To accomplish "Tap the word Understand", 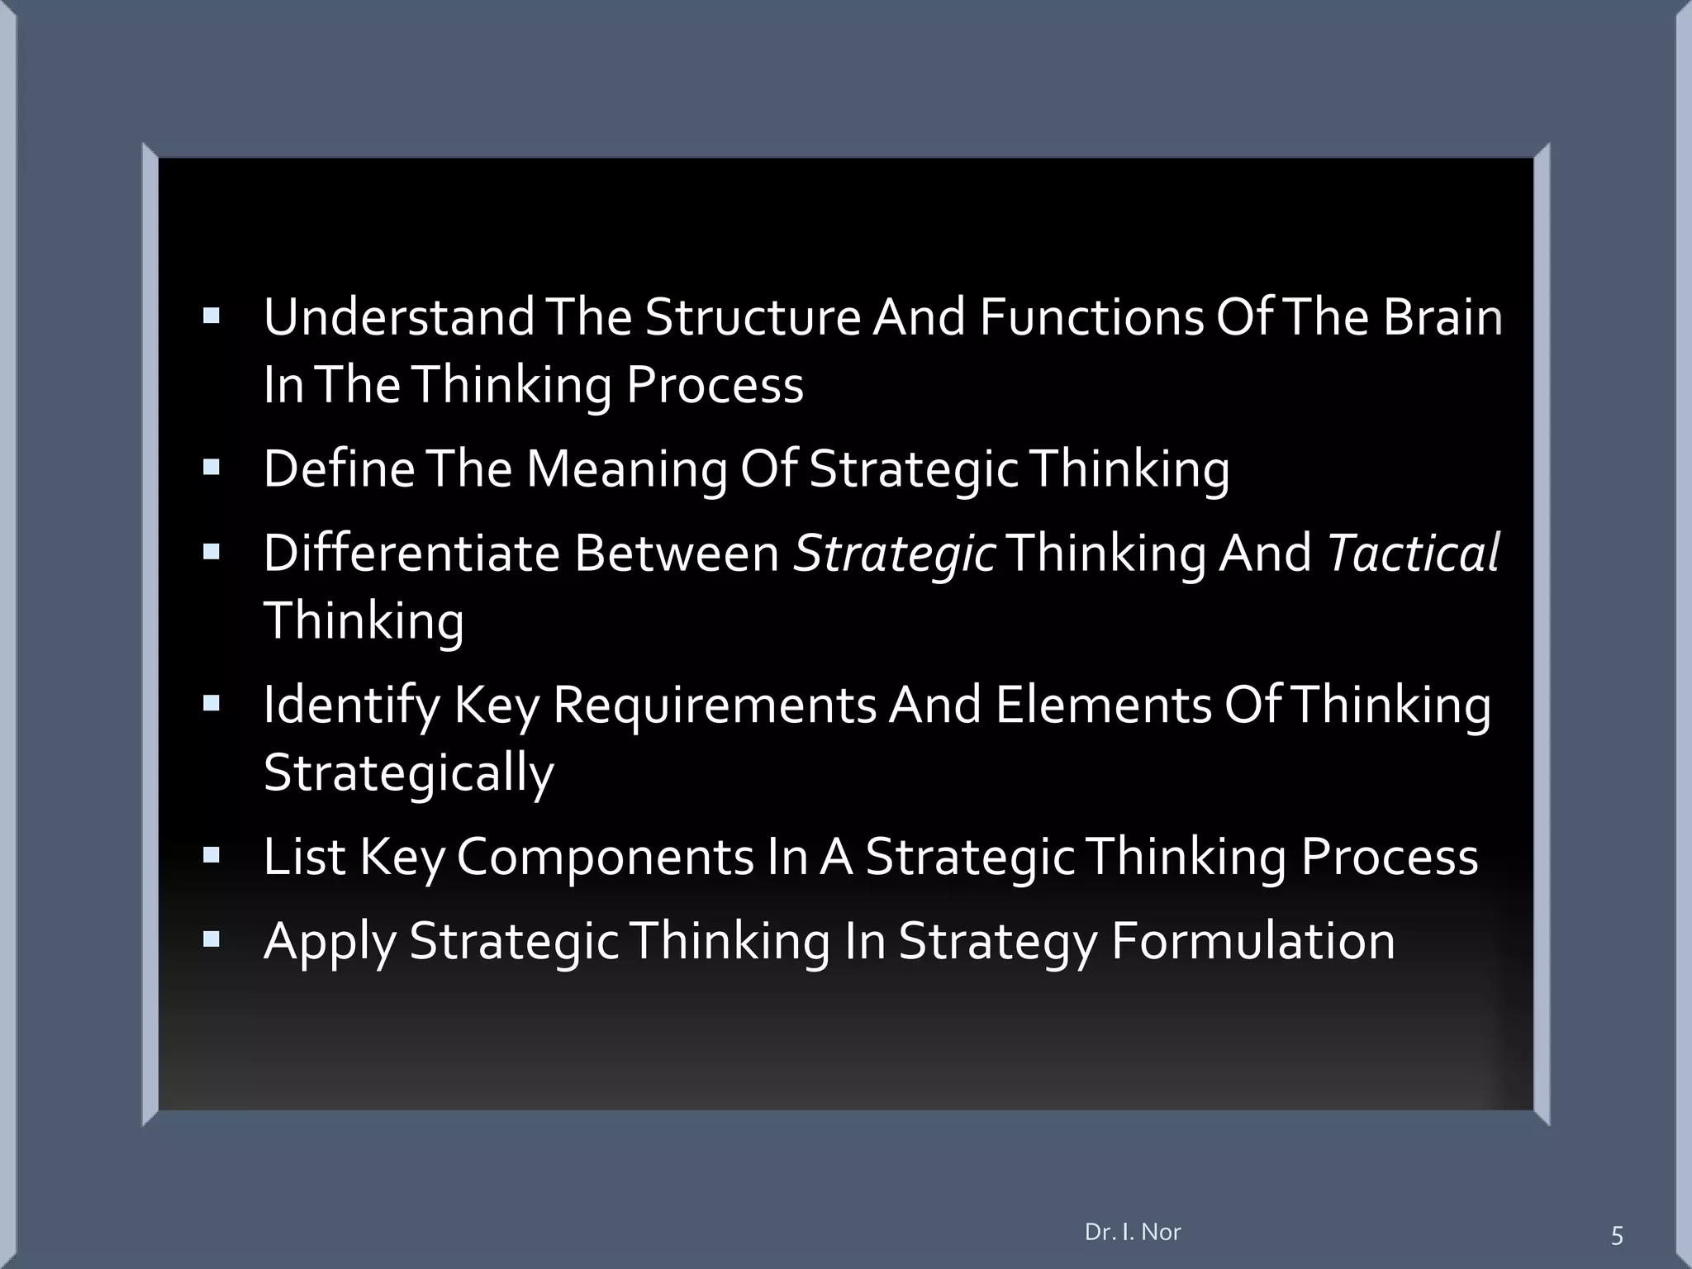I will pyautogui.click(x=399, y=317).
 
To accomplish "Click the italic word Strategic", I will pyautogui.click(x=894, y=553).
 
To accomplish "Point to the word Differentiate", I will pyautogui.click(x=411, y=553).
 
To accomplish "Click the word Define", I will pyautogui.click(x=339, y=468).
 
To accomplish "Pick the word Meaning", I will pyautogui.click(x=626, y=468).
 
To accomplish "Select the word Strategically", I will pyautogui.click(x=408, y=772).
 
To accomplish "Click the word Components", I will pyautogui.click(x=605, y=857).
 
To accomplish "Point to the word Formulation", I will pyautogui.click(x=1252, y=941).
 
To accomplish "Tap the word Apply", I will pyautogui.click(x=330, y=941).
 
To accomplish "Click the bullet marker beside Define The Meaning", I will pyautogui.click(x=211, y=468).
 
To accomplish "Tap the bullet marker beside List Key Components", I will pyautogui.click(x=211, y=855).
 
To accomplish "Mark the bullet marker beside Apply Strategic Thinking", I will pyautogui.click(x=211, y=939).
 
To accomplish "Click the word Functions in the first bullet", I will pyautogui.click(x=1091, y=317).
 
